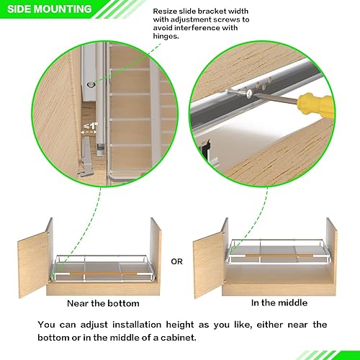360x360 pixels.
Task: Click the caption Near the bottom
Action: coord(99,303)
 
